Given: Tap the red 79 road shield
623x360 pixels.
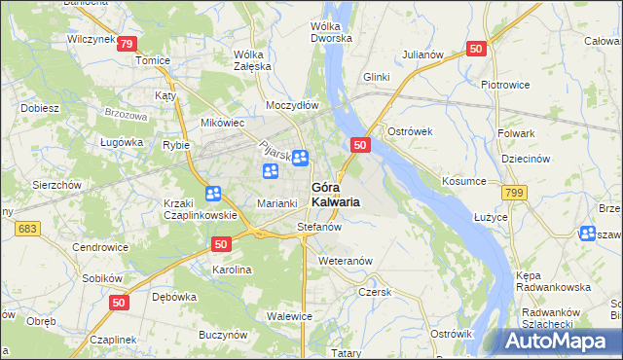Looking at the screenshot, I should click(127, 44).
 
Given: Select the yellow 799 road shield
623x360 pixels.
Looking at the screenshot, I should click(516, 194).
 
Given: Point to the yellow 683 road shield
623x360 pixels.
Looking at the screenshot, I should click(26, 228).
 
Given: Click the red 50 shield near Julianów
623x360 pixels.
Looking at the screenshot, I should click(476, 49).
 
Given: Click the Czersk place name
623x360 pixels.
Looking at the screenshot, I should click(374, 292).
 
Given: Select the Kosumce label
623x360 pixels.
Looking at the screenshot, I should click(463, 182).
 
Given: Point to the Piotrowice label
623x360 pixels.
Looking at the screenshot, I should click(504, 85).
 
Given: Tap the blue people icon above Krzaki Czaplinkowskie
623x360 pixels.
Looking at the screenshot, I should click(213, 193).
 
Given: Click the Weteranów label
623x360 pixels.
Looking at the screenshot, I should click(346, 262).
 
